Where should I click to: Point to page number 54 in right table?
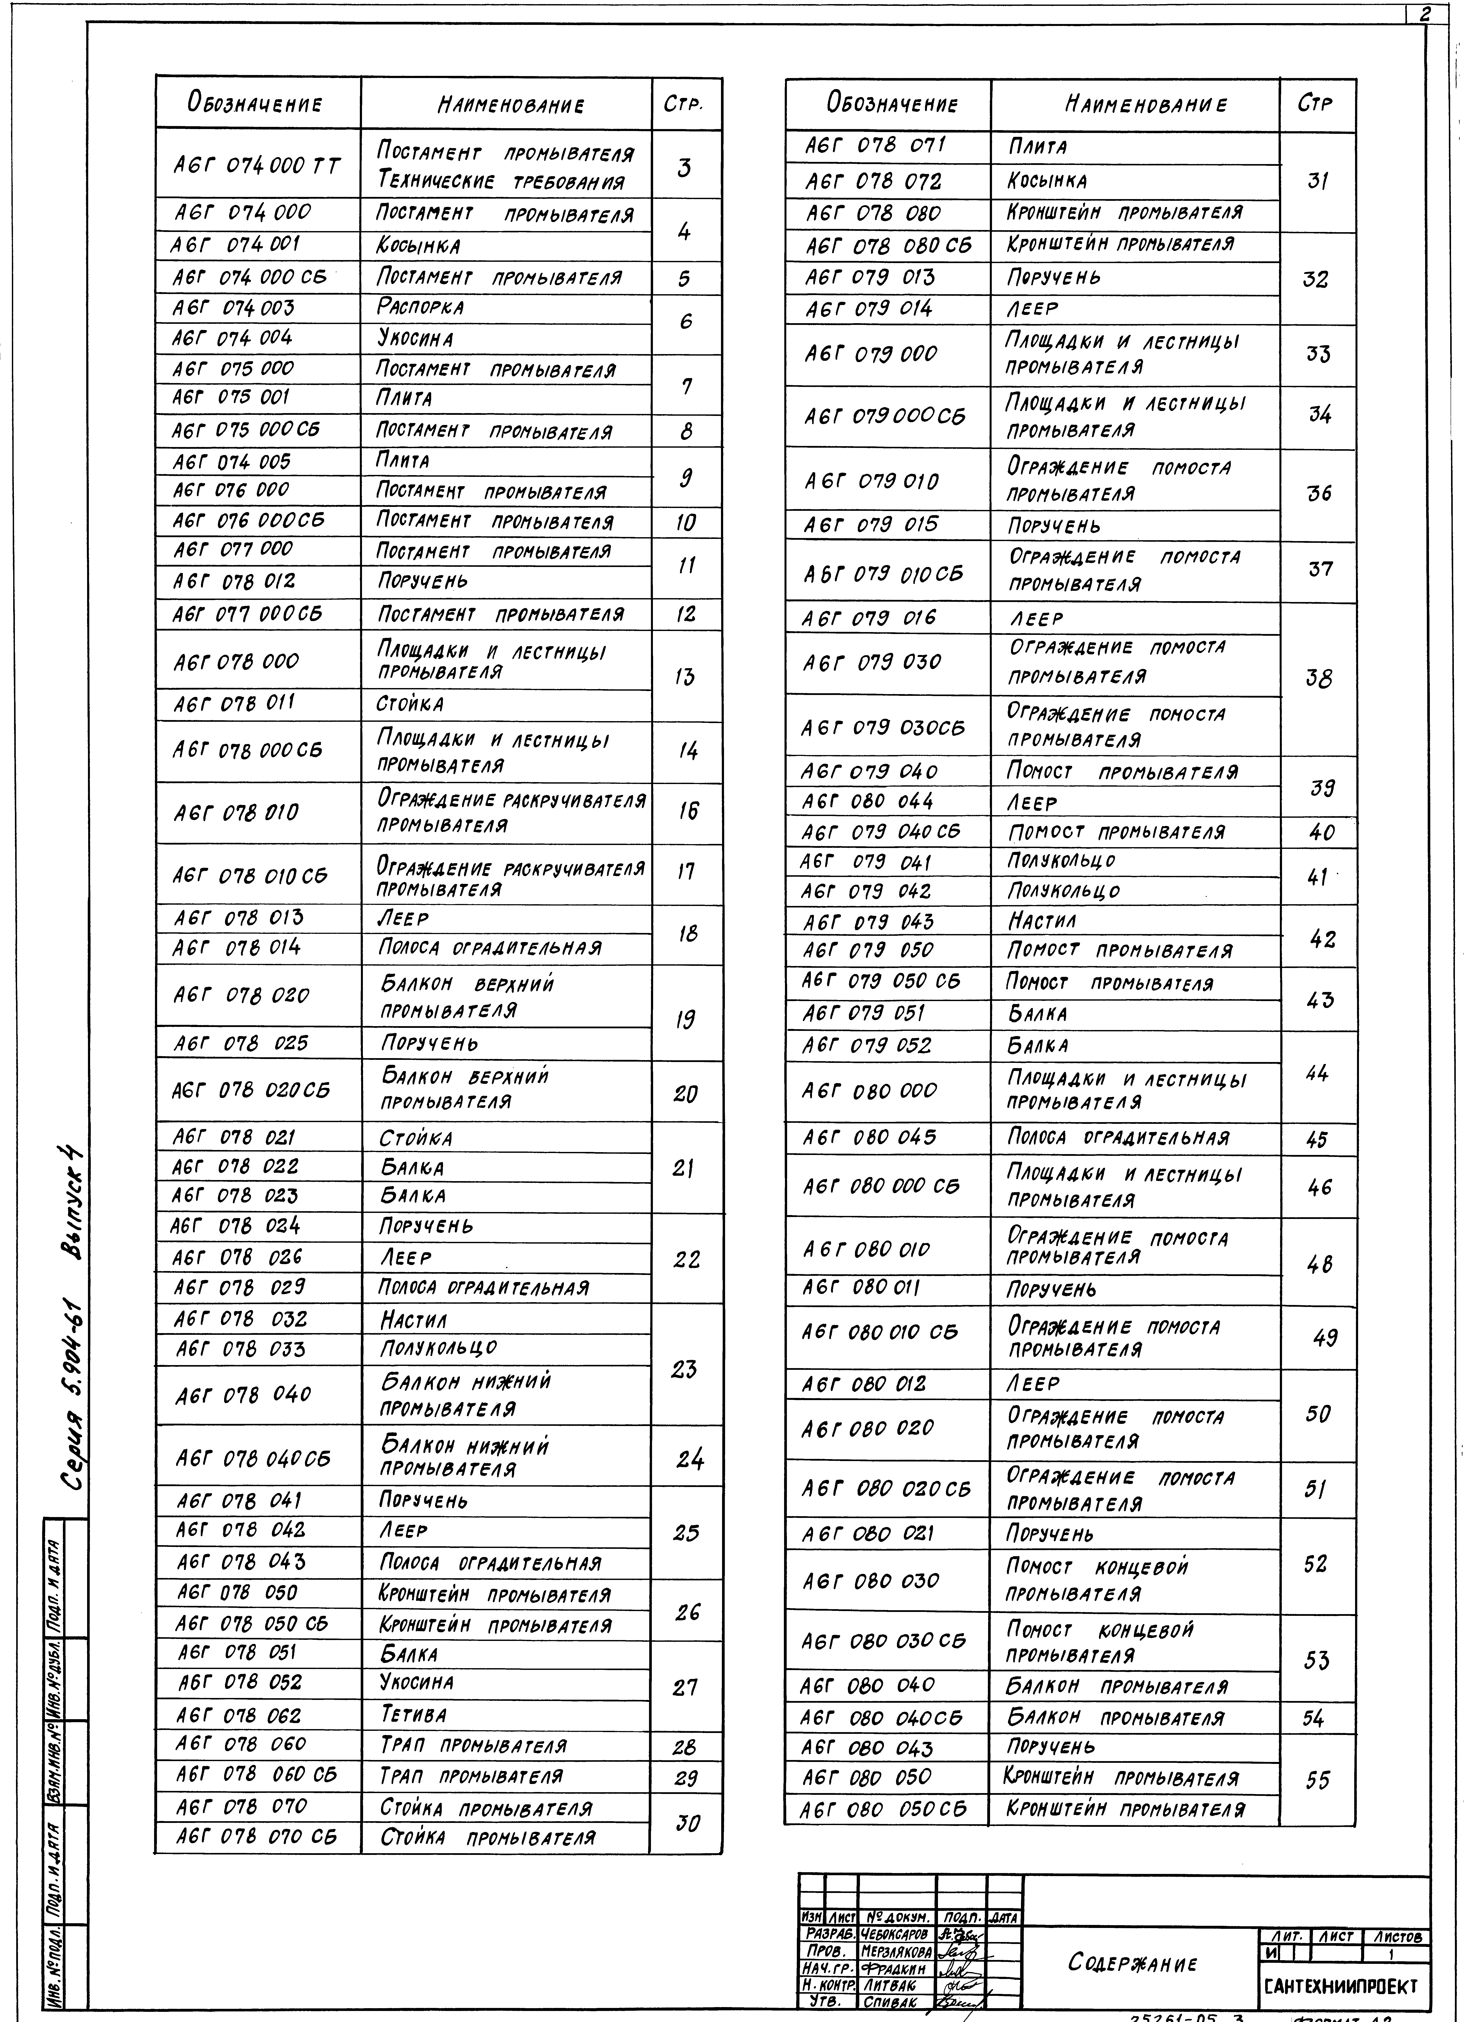(x=1313, y=1718)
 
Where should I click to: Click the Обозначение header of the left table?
(x=254, y=102)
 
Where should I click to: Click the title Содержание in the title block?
(x=1132, y=1962)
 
